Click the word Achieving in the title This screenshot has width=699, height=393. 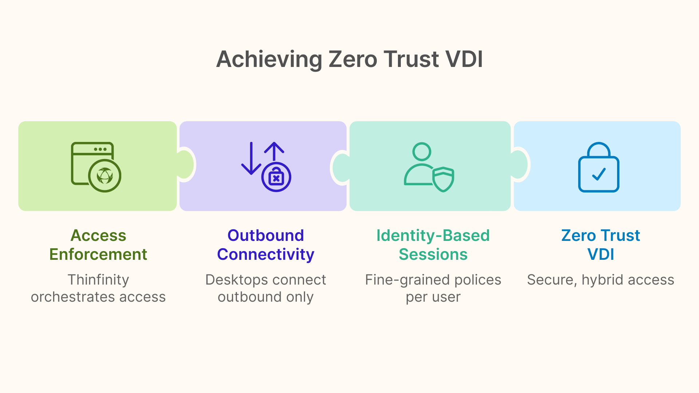(269, 59)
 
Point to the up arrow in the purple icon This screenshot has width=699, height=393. (274, 151)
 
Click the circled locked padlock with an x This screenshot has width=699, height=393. (276, 177)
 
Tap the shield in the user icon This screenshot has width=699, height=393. (443, 179)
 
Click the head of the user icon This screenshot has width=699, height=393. (422, 151)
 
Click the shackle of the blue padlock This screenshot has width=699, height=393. (599, 149)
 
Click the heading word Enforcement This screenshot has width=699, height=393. (98, 254)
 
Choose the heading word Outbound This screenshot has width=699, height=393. (266, 235)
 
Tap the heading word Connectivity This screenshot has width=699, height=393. (266, 254)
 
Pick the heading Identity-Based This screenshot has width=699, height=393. (433, 235)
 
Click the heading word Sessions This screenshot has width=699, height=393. (433, 254)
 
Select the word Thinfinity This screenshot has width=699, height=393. (98, 280)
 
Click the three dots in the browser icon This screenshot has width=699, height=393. (100, 149)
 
